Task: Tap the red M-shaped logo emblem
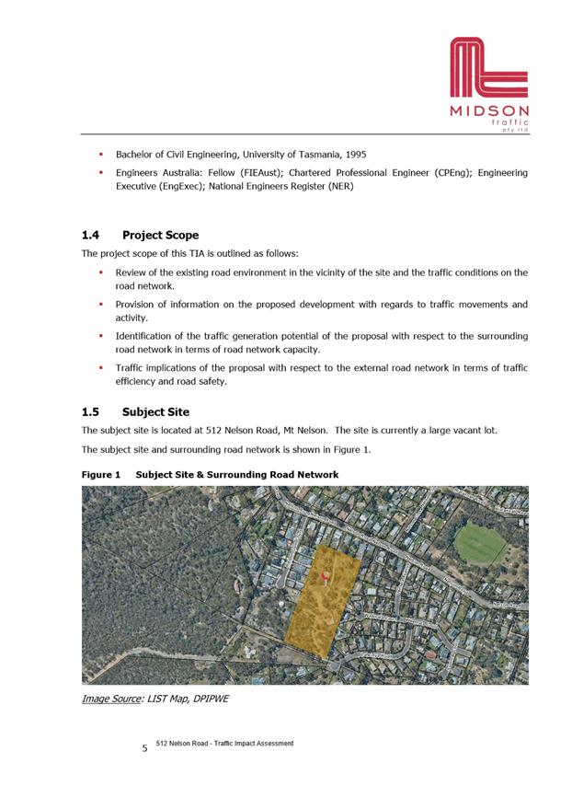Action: click(x=489, y=69)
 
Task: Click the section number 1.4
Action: click(x=91, y=235)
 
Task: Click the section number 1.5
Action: click(x=91, y=411)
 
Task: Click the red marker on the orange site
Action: click(x=325, y=576)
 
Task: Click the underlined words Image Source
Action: click(x=109, y=699)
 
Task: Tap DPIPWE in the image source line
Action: click(x=206, y=699)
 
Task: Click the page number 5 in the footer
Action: click(x=144, y=748)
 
